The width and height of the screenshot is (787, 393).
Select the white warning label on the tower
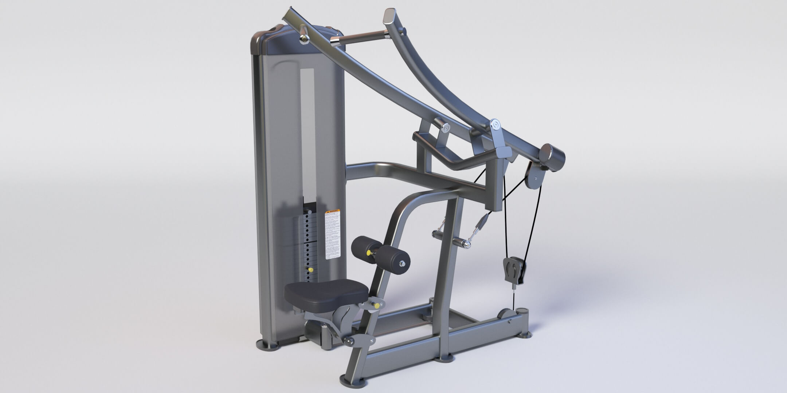pos(332,235)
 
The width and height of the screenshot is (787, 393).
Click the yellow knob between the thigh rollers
pos(369,252)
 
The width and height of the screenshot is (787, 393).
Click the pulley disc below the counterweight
pos(535,178)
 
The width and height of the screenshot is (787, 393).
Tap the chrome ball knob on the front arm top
pos(304,39)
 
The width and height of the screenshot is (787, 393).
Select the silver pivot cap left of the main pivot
pos(445,127)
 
